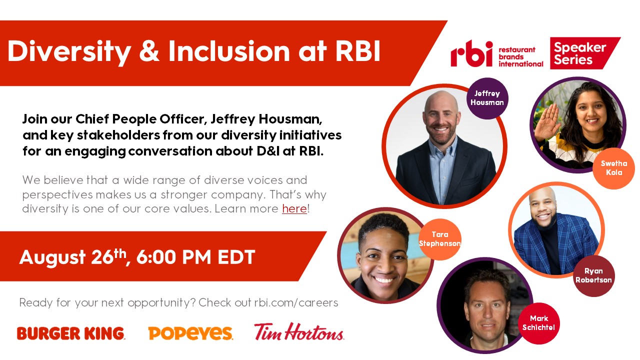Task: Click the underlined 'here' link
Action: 294,208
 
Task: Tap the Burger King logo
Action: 71,333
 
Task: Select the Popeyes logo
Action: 190,333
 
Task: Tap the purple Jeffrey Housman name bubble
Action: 487,98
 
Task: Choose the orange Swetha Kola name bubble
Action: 613,168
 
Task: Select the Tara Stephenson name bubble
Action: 440,239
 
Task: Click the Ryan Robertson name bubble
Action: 593,275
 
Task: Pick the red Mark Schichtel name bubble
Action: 539,323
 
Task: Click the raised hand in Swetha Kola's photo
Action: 547,123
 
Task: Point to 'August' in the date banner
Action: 52,257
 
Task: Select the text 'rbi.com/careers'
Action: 296,302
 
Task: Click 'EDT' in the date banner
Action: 236,257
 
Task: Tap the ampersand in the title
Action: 149,51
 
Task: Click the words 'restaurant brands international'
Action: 521,57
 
